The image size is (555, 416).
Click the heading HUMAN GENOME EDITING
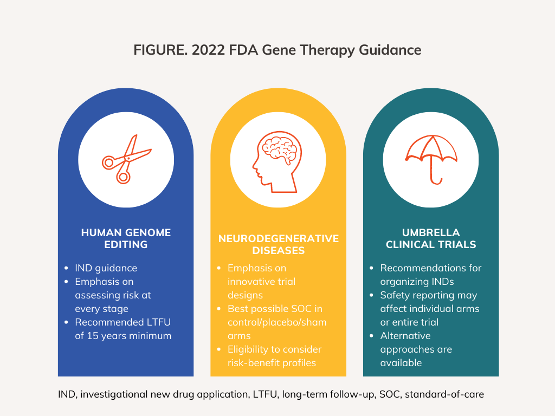point(126,238)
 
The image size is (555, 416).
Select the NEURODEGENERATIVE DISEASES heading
point(278,244)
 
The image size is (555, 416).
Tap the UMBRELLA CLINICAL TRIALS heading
point(430,238)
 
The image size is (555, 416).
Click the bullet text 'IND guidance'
point(106,268)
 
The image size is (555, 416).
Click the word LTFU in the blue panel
point(162,322)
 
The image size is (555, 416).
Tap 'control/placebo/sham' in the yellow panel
point(277,322)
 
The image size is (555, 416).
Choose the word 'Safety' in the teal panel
point(396,295)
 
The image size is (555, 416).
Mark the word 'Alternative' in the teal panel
point(405,336)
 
